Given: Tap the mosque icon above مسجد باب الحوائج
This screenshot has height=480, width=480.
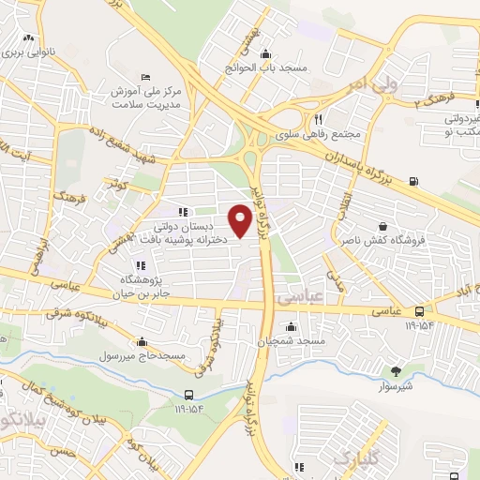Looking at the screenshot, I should [x=268, y=53].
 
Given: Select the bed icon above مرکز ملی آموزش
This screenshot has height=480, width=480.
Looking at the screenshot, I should [x=142, y=76].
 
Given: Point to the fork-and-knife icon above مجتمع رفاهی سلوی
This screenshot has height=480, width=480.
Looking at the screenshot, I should [x=319, y=119].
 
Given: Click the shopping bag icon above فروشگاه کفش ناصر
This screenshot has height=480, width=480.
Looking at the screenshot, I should [x=382, y=226].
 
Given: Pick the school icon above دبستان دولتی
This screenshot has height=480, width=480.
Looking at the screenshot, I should [x=183, y=212].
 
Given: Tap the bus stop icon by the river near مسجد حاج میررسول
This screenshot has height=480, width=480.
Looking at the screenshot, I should [x=189, y=395].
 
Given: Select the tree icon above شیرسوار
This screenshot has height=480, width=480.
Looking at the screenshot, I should [x=396, y=371].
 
